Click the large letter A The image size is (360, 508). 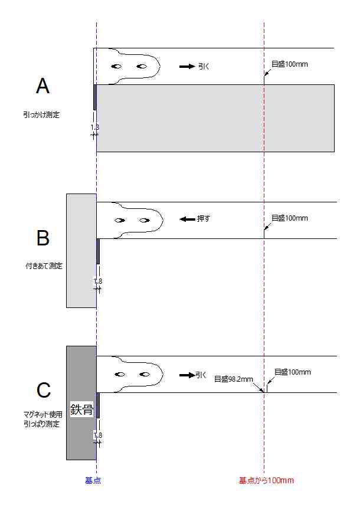pos(42,87)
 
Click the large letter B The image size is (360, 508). pos(42,238)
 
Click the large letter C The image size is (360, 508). pos(43,390)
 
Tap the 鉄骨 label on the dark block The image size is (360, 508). pos(81,409)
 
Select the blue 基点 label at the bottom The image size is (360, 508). pos(93,480)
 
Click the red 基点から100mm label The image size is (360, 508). pos(266,480)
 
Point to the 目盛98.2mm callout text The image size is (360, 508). pos(233,378)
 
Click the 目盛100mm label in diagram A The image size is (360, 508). pos(290,64)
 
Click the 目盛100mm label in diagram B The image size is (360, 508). pos(290,218)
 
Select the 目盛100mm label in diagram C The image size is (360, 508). pos(293,372)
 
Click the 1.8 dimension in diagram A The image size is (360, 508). pos(95,127)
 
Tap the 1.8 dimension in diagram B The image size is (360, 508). pos(98,281)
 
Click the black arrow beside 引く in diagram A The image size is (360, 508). pos(187,67)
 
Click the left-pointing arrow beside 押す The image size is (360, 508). pos(187,219)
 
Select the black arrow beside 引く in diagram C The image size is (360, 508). pos(187,375)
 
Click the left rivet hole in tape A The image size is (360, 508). pos(117,66)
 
